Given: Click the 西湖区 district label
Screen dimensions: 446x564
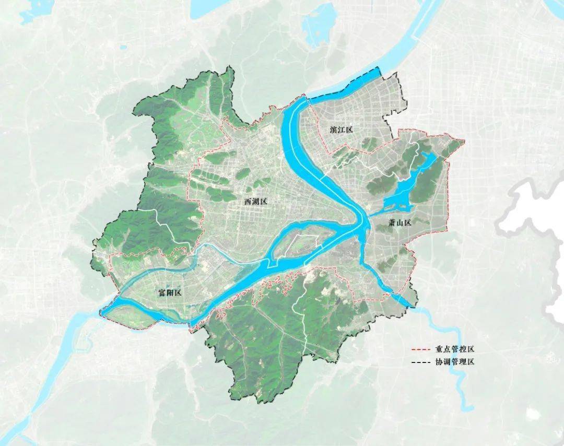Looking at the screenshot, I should click(x=255, y=201).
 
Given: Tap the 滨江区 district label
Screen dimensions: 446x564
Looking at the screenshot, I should click(x=342, y=129).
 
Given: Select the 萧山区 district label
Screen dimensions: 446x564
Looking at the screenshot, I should click(x=401, y=222).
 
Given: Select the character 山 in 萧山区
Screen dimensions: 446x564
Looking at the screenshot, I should click(x=401, y=222).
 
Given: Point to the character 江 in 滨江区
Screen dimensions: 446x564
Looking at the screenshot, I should click(x=342, y=129).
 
